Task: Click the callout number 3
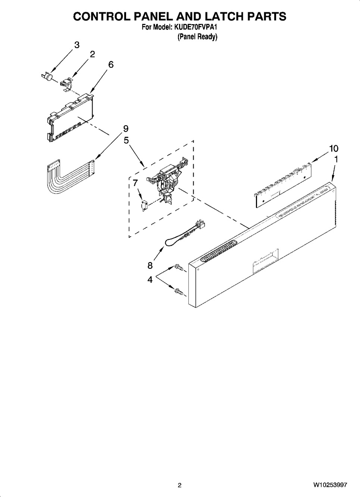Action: [76, 45]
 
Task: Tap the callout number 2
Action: [92, 54]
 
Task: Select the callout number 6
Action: [111, 65]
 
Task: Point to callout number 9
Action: [126, 129]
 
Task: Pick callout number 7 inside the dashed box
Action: [135, 182]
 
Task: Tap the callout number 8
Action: [150, 265]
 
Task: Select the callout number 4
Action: [150, 279]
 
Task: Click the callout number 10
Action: [333, 148]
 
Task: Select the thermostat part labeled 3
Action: [47, 76]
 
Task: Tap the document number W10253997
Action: [330, 485]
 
